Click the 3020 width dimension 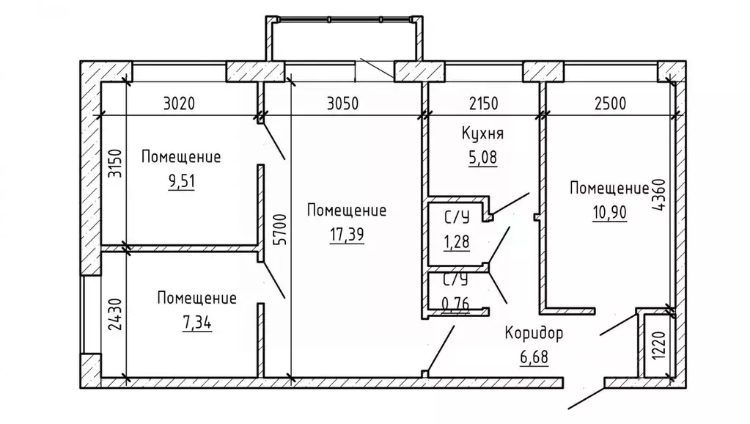(179, 103)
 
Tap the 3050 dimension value (342, 103)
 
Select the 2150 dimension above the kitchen (483, 103)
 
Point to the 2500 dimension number (610, 103)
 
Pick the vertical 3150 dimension (115, 163)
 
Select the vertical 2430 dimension (115, 315)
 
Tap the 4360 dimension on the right (658, 195)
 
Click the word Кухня (482, 133)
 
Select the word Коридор (534, 333)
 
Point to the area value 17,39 (347, 235)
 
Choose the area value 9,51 (182, 181)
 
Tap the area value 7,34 (197, 323)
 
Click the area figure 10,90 (609, 212)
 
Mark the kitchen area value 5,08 (482, 158)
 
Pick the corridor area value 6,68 (534, 357)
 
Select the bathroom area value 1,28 (457, 242)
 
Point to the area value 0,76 (455, 304)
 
